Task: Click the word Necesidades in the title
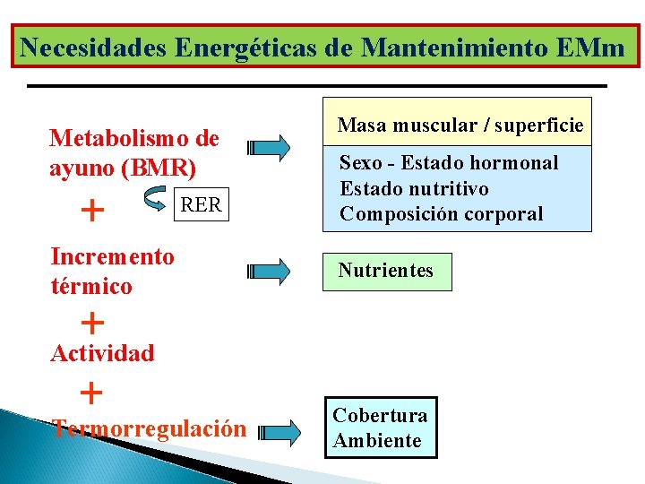click(92, 47)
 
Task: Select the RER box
click(201, 205)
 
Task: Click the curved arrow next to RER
click(154, 203)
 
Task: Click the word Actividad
click(102, 353)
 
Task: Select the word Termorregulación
click(149, 428)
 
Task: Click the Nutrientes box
click(386, 271)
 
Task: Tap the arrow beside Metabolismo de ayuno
click(270, 146)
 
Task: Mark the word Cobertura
click(380, 416)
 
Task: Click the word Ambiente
click(377, 441)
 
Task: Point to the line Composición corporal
click(442, 214)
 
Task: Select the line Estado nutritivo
click(414, 189)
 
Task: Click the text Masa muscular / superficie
click(460, 125)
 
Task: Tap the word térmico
click(91, 287)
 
